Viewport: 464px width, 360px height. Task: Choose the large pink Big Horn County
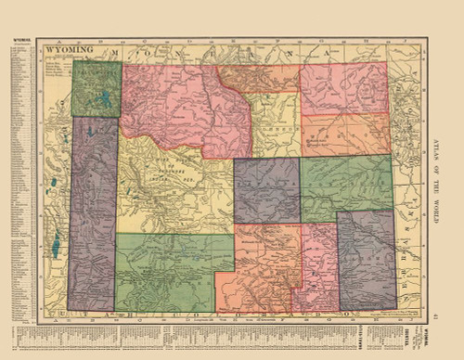tap(167, 102)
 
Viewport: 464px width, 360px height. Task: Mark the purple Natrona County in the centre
tap(266, 190)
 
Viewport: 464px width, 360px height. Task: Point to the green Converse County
tap(335, 186)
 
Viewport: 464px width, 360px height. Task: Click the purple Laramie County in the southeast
tap(367, 260)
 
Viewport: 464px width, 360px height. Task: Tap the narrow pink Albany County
tap(316, 269)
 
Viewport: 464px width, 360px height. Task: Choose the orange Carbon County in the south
tap(260, 269)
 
